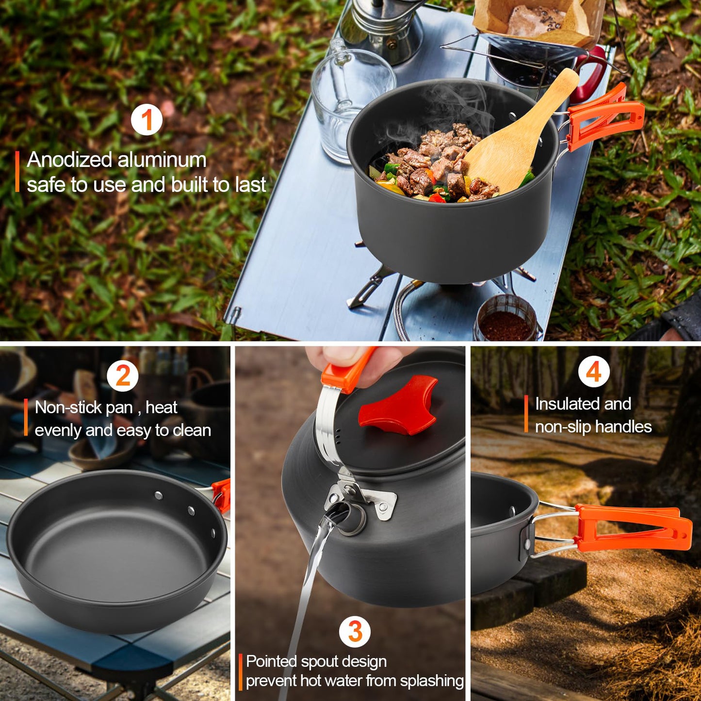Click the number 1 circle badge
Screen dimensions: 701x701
[147, 120]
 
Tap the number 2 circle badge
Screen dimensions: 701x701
[123, 376]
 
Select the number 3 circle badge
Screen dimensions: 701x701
[355, 632]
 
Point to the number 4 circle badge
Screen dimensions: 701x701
[594, 372]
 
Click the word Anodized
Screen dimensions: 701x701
[69, 160]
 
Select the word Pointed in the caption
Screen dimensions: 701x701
[271, 661]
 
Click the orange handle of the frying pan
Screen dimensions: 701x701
[222, 495]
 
